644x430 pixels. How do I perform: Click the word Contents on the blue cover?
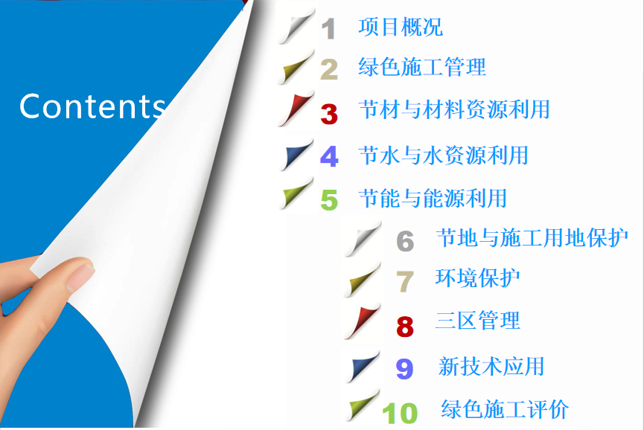(x=92, y=106)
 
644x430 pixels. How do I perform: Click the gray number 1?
(x=328, y=29)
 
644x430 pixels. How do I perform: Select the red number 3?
(x=329, y=114)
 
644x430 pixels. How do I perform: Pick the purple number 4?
(x=329, y=156)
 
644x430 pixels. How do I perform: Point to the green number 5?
(x=329, y=200)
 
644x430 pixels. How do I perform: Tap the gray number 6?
(x=405, y=241)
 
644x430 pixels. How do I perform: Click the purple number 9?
(x=404, y=368)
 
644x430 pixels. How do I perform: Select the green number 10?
(x=400, y=413)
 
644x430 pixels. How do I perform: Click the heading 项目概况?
(x=401, y=27)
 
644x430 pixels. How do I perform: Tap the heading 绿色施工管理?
(x=422, y=67)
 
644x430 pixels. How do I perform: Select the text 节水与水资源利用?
(x=444, y=155)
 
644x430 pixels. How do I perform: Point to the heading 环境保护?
(x=478, y=277)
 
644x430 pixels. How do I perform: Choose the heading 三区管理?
(x=478, y=320)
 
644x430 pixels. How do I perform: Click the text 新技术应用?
(x=491, y=366)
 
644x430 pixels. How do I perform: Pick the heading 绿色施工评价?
(x=505, y=408)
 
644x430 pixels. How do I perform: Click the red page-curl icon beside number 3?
(x=296, y=109)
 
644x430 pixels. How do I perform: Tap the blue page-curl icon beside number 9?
(x=363, y=367)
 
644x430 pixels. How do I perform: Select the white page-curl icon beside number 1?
(x=296, y=26)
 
